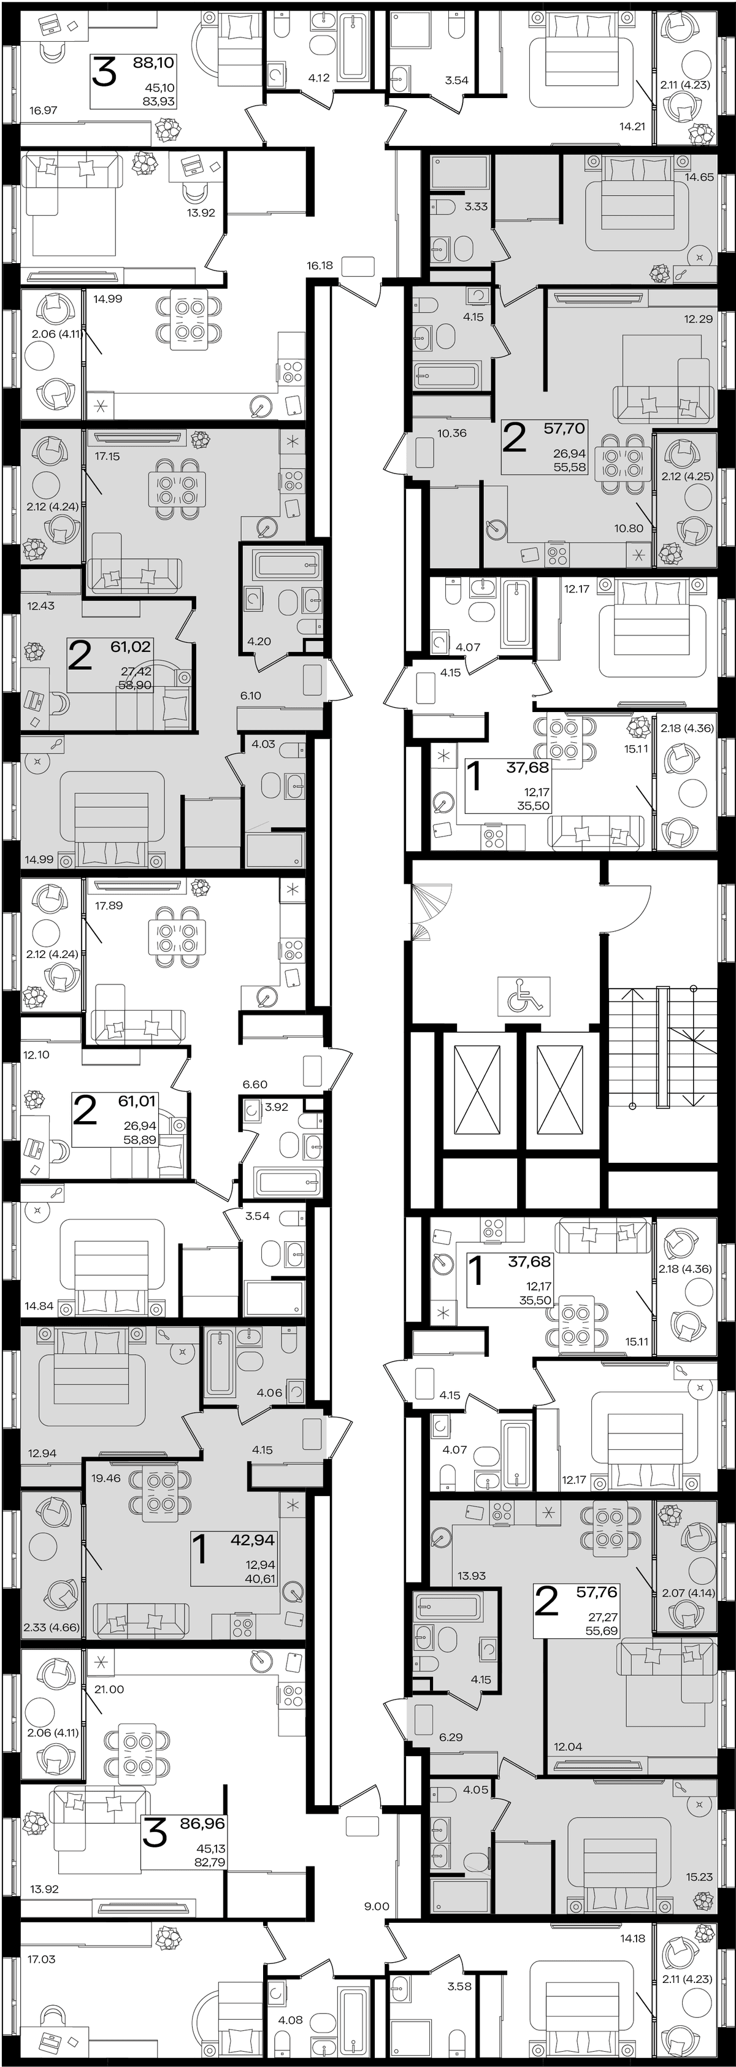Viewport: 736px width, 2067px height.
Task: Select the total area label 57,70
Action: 565,429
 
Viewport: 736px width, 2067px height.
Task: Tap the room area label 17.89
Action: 109,906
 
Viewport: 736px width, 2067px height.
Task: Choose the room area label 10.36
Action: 452,433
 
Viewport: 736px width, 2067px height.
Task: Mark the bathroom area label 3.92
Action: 276,1107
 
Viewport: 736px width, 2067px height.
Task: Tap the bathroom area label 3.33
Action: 476,206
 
